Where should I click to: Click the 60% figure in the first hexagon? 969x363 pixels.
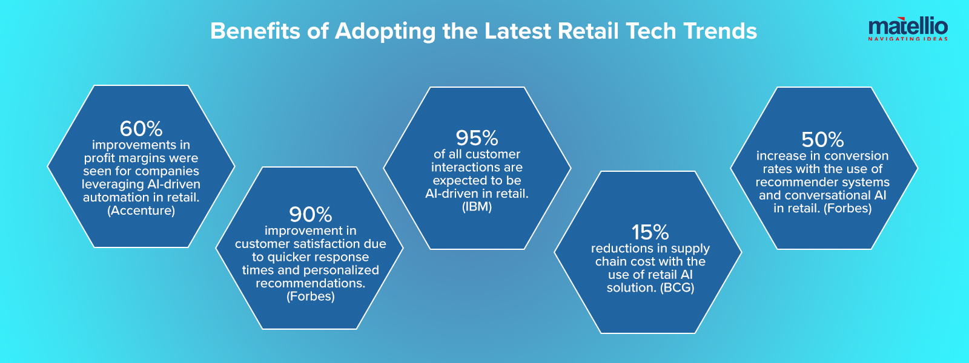coord(141,129)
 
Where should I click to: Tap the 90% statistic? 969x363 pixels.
coord(311,215)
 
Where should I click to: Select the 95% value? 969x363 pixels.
coord(477,138)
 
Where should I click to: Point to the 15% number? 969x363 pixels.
coord(650,232)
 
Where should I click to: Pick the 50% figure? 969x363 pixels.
coord(822,140)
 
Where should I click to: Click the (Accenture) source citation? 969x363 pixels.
coord(141,211)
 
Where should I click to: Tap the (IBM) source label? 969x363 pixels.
coord(477,207)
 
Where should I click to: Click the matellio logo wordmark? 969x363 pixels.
coord(908,27)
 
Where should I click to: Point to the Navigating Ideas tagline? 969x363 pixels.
coord(908,39)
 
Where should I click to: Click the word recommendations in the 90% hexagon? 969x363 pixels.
coord(311,283)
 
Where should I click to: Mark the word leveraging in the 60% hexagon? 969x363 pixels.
coord(113,185)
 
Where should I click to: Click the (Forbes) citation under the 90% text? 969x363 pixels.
coord(311,296)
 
